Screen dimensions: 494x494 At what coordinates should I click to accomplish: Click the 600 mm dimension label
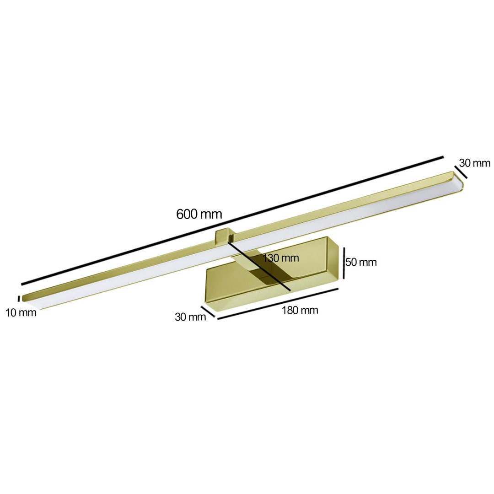click(199, 214)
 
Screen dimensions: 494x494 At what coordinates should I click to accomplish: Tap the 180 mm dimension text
click(300, 310)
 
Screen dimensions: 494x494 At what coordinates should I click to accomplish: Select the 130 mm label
click(281, 258)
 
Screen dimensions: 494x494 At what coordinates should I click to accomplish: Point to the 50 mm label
click(361, 262)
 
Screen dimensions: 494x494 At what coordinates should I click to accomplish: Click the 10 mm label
click(21, 313)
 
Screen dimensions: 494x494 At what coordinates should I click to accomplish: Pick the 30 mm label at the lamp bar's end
click(474, 163)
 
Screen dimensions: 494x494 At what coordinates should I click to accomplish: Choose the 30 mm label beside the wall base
click(190, 317)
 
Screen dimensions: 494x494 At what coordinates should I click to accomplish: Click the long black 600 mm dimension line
click(232, 220)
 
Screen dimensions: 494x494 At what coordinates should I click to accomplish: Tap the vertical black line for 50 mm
click(344, 263)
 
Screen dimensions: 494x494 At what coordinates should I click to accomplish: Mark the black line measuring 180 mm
click(278, 304)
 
